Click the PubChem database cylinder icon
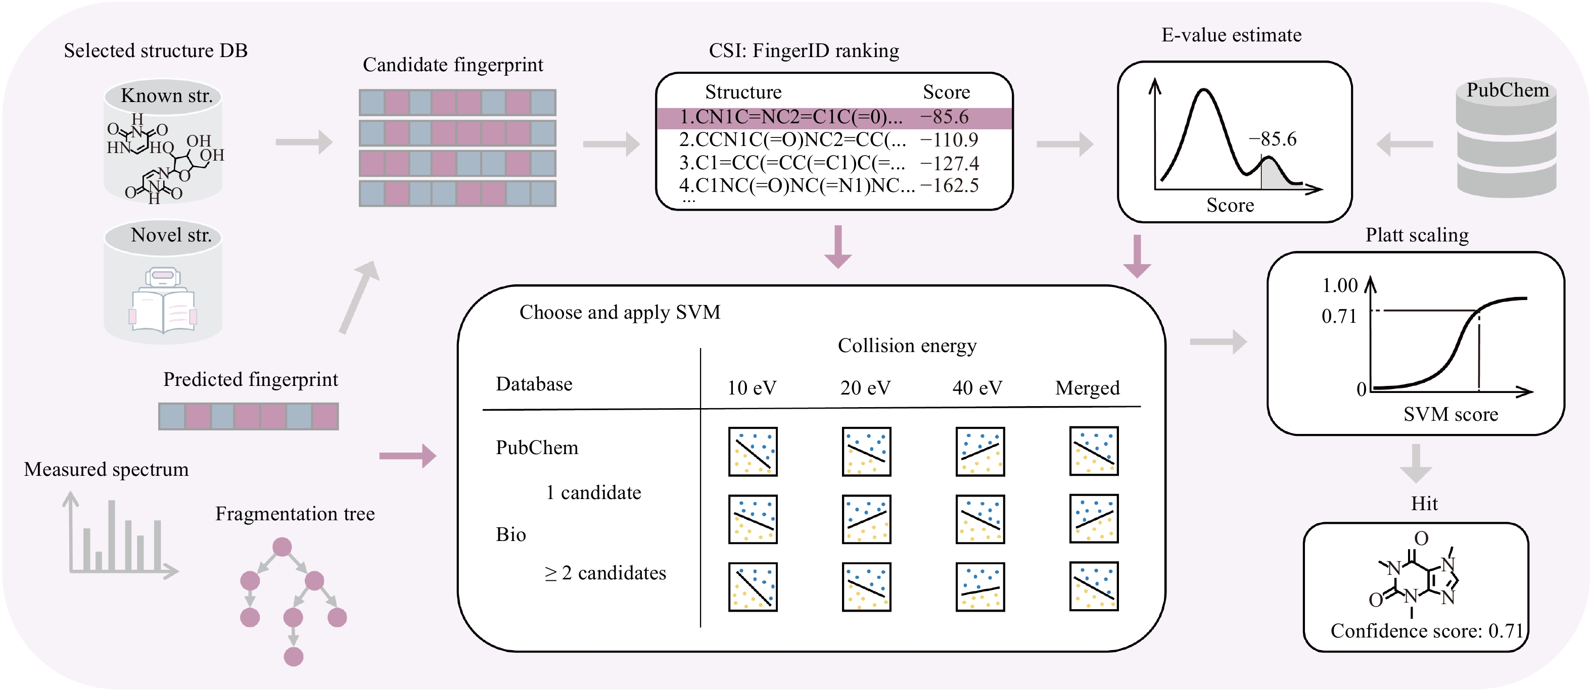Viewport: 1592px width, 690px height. coord(1506,139)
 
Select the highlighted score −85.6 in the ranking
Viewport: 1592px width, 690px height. coord(944,117)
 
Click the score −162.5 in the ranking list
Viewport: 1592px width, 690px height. coord(949,185)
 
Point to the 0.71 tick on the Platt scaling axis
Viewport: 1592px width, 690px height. coord(1339,316)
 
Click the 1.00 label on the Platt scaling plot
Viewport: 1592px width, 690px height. coord(1339,285)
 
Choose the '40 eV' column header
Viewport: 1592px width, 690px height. coord(977,388)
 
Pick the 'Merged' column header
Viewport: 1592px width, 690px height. coord(1087,388)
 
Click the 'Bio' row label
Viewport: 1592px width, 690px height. coord(510,534)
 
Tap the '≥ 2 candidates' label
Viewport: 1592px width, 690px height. coord(605,573)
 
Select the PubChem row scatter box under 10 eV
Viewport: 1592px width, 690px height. coord(753,452)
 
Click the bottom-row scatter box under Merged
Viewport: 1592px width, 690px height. coord(1094,586)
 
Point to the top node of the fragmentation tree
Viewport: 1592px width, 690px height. coord(282,547)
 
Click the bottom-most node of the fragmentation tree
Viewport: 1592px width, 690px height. coord(293,657)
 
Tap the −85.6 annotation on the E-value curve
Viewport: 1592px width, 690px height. coord(1273,139)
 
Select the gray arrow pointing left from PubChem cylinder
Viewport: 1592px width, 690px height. coord(1404,144)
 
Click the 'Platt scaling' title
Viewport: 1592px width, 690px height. coord(1417,235)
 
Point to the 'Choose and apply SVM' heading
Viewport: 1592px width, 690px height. coord(619,313)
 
